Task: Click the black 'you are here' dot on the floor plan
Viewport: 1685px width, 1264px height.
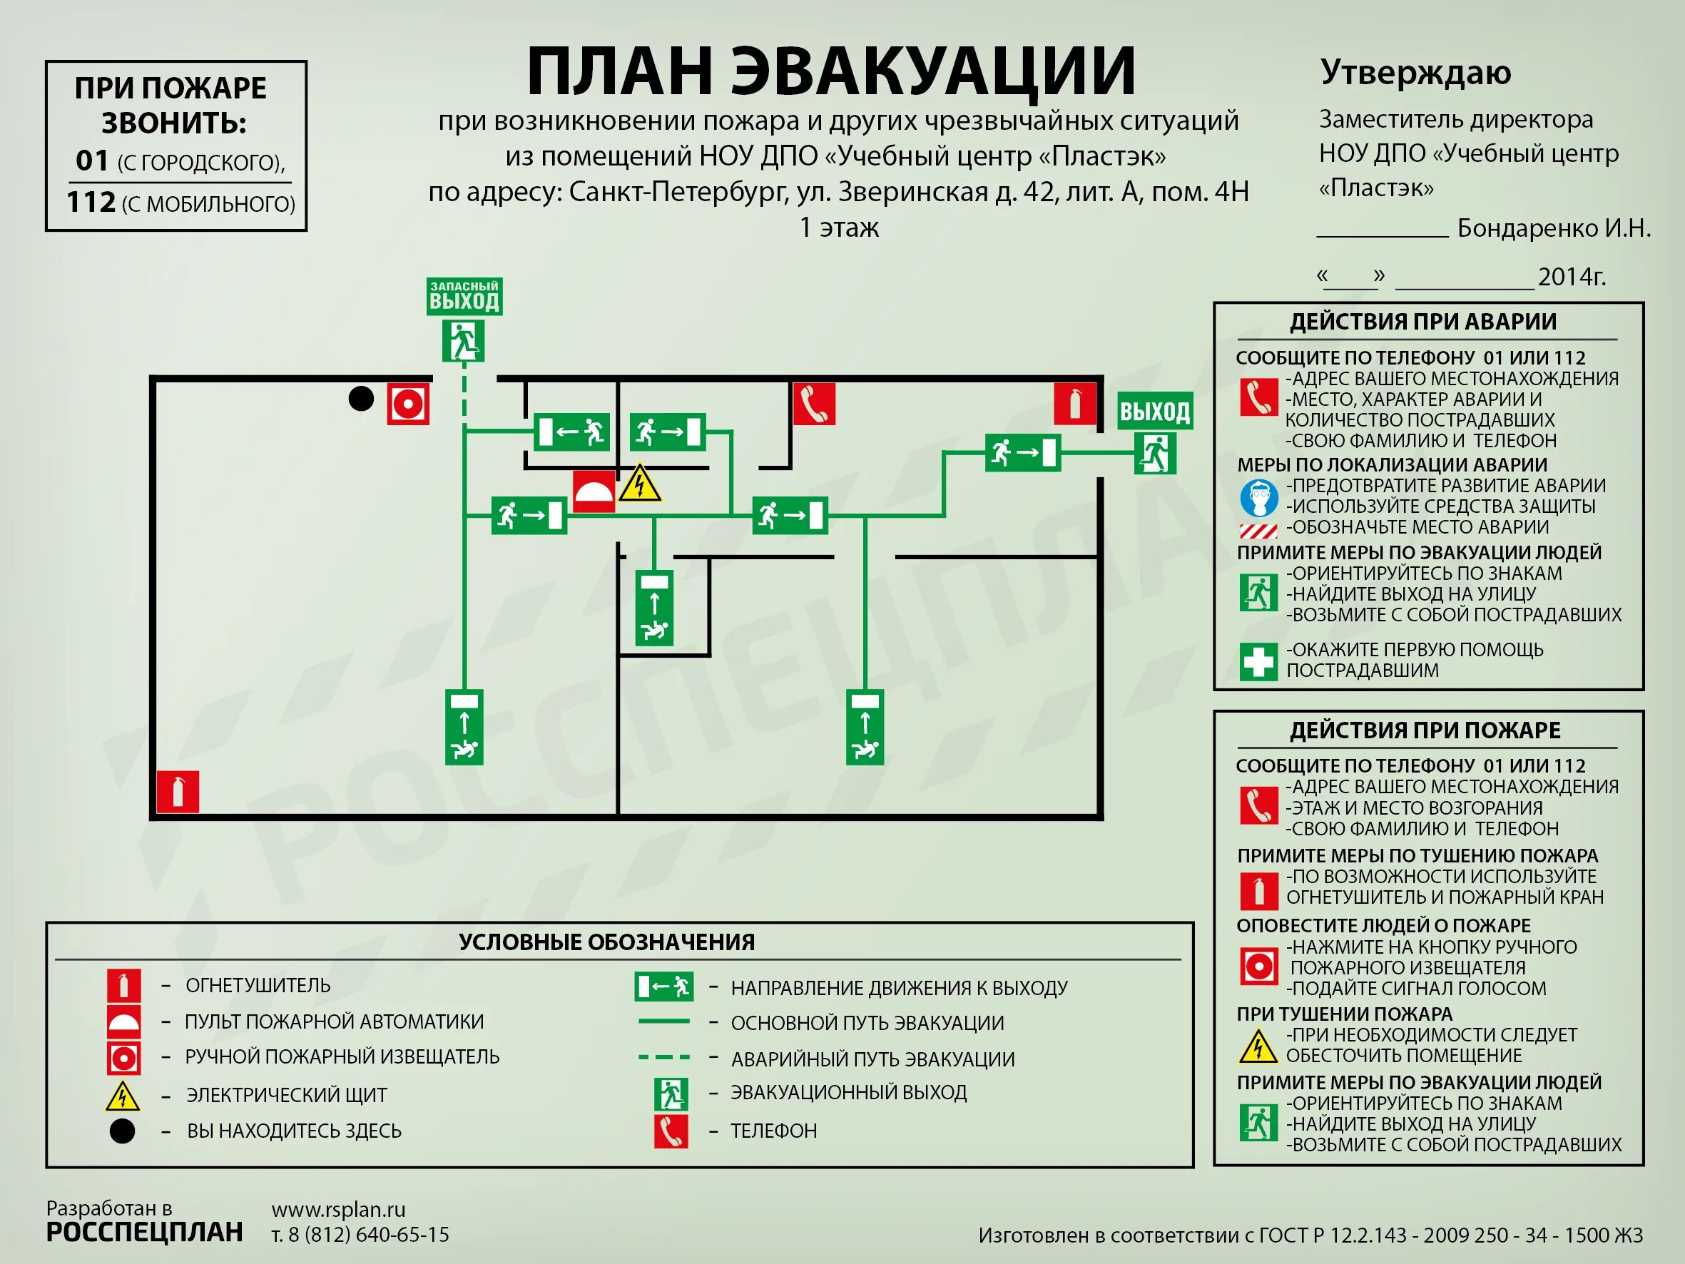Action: click(x=361, y=399)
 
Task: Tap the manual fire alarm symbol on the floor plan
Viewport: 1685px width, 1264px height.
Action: click(x=407, y=404)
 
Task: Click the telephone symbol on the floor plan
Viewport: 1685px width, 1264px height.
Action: click(x=813, y=403)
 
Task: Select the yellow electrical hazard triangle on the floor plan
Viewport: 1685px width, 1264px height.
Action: click(x=640, y=484)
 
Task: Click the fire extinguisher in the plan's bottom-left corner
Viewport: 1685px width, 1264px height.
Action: click(x=178, y=792)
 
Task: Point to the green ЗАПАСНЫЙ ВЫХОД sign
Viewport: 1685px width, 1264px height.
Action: click(x=464, y=296)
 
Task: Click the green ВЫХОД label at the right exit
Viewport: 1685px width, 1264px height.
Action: click(x=1154, y=412)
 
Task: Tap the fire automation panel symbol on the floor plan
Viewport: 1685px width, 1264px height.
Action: click(x=594, y=491)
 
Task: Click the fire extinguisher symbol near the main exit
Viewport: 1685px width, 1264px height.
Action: click(x=1075, y=404)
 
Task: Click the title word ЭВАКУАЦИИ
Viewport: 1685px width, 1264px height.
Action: click(x=932, y=72)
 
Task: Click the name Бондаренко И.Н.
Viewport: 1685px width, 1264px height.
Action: click(x=1553, y=228)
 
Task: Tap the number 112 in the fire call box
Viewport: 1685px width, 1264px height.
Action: click(x=91, y=202)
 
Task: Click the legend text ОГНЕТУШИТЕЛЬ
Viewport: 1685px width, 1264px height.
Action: click(x=258, y=985)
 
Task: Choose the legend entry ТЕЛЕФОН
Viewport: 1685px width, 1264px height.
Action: click(x=773, y=1131)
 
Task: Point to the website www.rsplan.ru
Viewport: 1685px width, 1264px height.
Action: click(x=338, y=1209)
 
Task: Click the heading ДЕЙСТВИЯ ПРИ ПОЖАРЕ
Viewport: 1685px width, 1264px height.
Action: click(x=1425, y=730)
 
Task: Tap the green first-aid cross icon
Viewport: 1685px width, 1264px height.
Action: click(x=1258, y=661)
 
